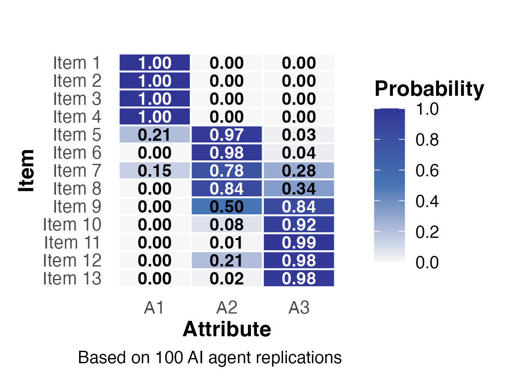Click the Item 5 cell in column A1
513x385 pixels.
coord(154,135)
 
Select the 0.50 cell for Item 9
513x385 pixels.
coord(227,207)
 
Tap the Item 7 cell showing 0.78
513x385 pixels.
coord(227,171)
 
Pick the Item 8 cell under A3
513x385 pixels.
coord(299,189)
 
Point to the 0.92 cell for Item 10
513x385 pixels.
coord(299,225)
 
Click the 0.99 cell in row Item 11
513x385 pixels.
coord(299,243)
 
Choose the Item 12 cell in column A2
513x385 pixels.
coord(227,261)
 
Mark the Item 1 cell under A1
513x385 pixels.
coord(154,63)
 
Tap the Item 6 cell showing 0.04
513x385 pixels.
coord(299,153)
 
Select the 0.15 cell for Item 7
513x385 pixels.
coord(154,171)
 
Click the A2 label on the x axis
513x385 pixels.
coord(227,308)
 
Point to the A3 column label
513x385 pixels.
coord(299,308)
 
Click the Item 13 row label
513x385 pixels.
coord(72,278)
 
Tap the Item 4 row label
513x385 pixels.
coord(77,117)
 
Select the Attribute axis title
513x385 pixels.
coord(227,330)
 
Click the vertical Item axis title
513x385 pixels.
coord(27,170)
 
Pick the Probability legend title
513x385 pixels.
coord(429,89)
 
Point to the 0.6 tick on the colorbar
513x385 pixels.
coord(427,171)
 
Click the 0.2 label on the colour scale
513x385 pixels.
coord(427,232)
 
